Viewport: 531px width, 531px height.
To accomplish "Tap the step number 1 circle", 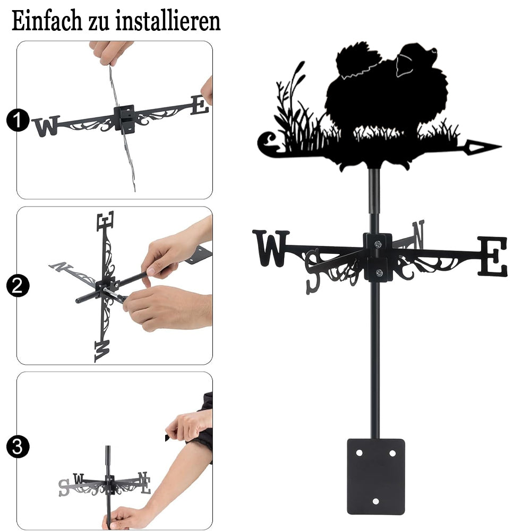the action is point(18,120).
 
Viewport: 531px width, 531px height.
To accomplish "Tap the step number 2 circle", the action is point(18,286).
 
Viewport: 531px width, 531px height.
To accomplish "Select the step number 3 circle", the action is point(18,447).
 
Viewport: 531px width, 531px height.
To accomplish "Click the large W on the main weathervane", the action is point(271,248).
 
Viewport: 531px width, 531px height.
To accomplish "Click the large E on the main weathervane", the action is point(493,256).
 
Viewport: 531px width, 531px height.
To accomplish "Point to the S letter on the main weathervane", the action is point(313,271).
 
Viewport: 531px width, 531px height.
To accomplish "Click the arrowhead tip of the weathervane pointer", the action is point(501,147).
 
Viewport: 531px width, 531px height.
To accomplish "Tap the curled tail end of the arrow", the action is point(269,143).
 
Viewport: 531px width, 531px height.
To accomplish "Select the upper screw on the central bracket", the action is point(378,244).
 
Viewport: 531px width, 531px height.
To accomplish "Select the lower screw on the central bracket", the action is point(379,272).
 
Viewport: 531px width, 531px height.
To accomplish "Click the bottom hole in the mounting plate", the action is point(375,501).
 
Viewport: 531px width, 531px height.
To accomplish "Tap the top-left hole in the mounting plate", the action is point(359,453).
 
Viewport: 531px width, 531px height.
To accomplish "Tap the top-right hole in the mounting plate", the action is point(392,453).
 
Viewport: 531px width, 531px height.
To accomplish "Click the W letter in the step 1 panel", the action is point(46,126).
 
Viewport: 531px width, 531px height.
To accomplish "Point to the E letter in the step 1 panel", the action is point(200,105).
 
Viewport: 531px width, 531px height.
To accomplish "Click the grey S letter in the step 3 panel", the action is point(64,487).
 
